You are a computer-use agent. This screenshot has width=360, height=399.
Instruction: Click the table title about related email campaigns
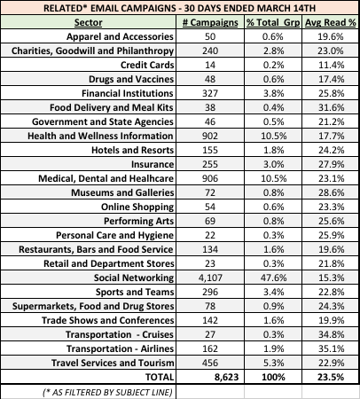pyautogui.click(x=179, y=8)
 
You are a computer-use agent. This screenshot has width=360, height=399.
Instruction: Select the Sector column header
pyautogui.click(x=88, y=22)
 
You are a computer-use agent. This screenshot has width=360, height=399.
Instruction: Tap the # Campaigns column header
pyautogui.click(x=210, y=22)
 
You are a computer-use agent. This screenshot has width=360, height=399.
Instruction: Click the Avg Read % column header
pyautogui.click(x=331, y=22)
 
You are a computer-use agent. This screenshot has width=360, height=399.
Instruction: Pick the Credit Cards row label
pyautogui.click(x=147, y=65)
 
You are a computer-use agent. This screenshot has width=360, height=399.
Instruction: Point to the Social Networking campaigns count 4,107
pyautogui.click(x=210, y=278)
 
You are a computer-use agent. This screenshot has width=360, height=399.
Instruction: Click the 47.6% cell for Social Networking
pyautogui.click(x=273, y=278)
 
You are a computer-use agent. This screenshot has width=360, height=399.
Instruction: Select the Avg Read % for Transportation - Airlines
pyautogui.click(x=331, y=348)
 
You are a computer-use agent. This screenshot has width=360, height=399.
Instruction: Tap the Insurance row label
pyautogui.click(x=153, y=164)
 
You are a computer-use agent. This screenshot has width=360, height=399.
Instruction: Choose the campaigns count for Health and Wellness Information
pyautogui.click(x=210, y=136)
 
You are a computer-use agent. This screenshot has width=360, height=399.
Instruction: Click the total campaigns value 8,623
pyautogui.click(x=226, y=377)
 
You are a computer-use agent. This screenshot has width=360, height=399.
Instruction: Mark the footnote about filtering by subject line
pyautogui.click(x=107, y=392)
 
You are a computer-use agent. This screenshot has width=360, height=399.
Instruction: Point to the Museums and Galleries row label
pyautogui.click(x=122, y=192)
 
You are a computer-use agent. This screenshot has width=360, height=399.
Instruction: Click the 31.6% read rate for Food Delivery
pyautogui.click(x=331, y=107)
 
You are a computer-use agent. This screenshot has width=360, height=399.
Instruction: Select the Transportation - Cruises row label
pyautogui.click(x=120, y=334)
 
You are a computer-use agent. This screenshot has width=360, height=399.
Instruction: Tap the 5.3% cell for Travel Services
pyautogui.click(x=273, y=363)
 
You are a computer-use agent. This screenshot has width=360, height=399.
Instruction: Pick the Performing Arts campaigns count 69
pyautogui.click(x=210, y=221)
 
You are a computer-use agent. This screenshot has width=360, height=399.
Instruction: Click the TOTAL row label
pyautogui.click(x=160, y=377)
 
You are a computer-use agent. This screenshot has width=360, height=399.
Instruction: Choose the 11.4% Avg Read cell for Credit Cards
pyautogui.click(x=331, y=65)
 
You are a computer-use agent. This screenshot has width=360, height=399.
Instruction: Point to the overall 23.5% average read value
pyautogui.click(x=331, y=377)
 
